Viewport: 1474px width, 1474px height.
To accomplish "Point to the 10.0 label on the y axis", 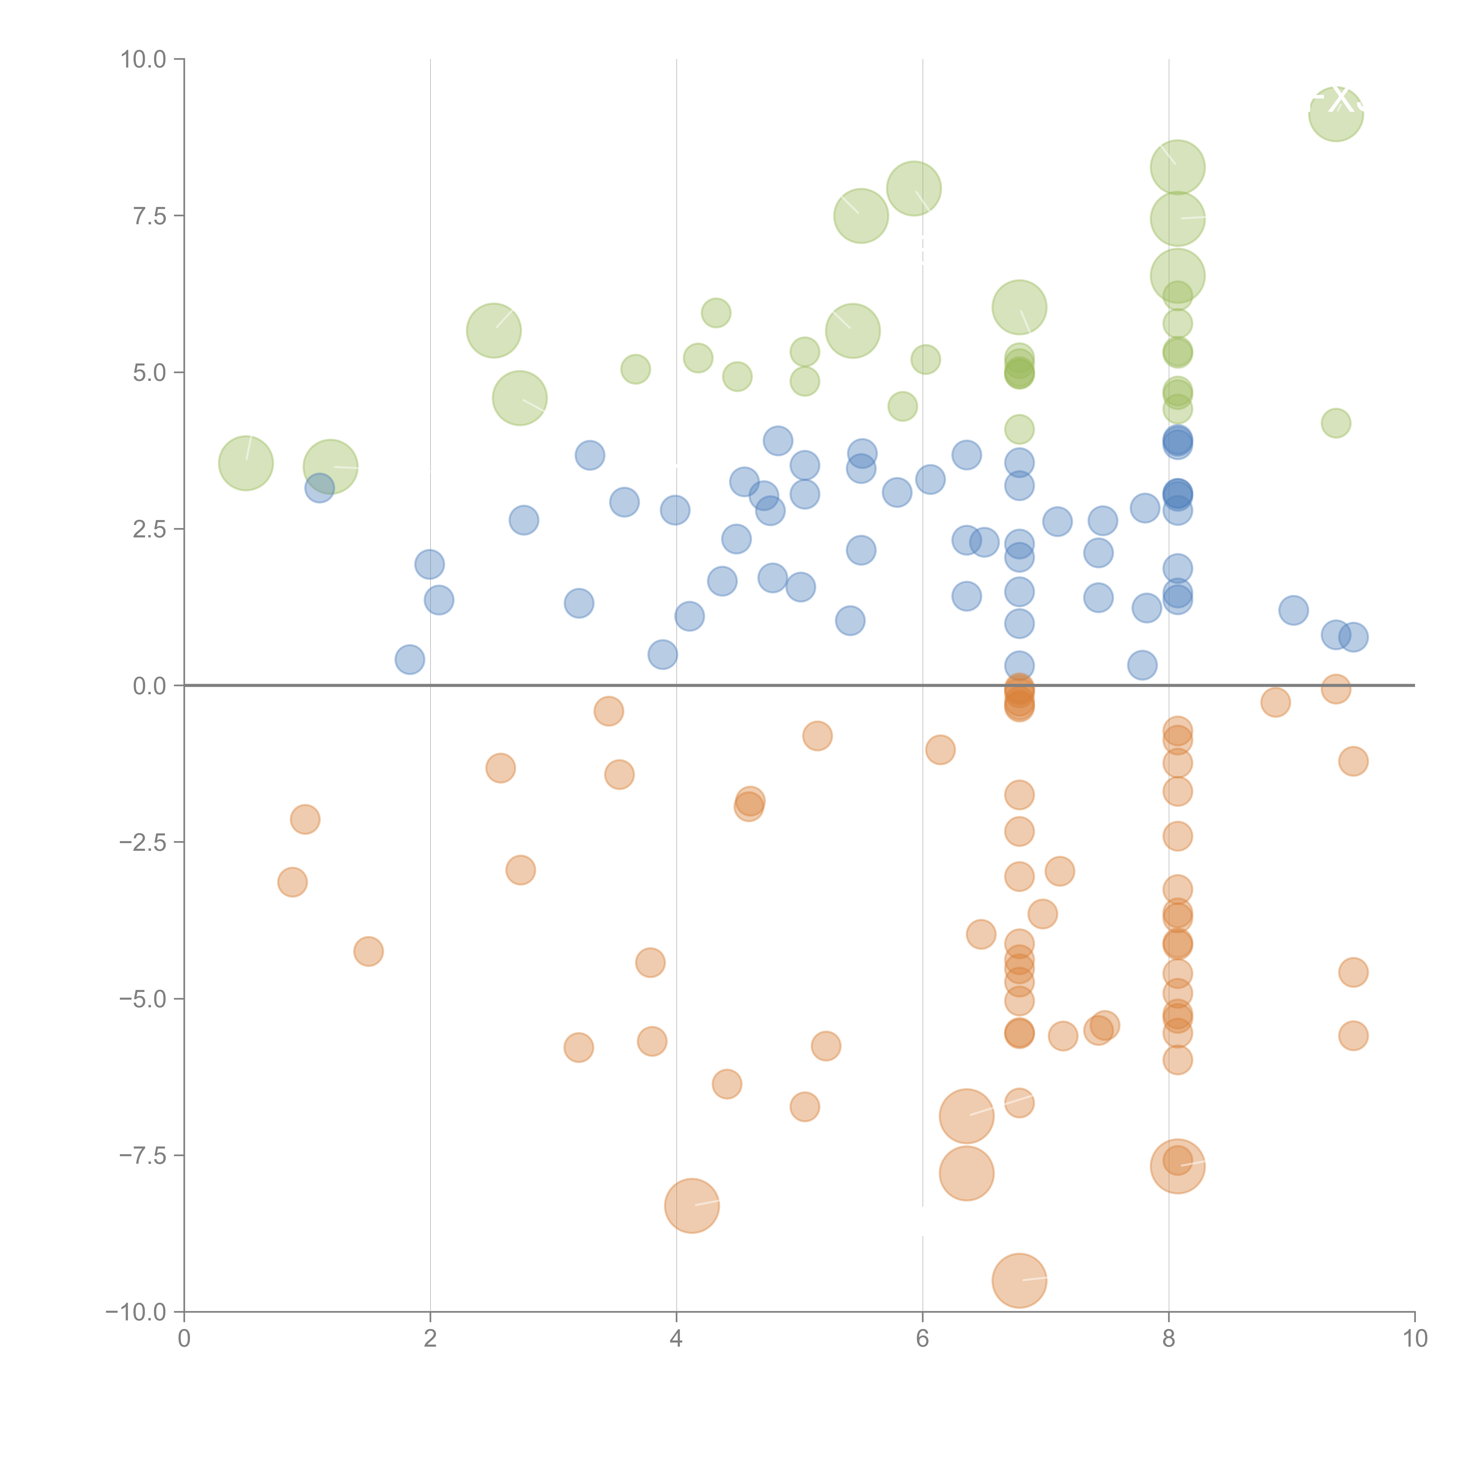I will coord(144,60).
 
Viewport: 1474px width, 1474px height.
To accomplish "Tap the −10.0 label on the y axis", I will coord(136,1312).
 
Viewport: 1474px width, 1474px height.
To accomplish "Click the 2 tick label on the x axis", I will coord(430,1339).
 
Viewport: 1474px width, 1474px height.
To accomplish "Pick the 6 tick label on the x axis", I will coord(922,1339).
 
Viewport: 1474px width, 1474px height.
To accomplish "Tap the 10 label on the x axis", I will coord(1414,1339).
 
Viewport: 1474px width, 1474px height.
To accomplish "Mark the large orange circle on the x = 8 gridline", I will coord(1177,1166).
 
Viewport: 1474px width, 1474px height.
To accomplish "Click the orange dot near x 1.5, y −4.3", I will coord(368,951).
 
